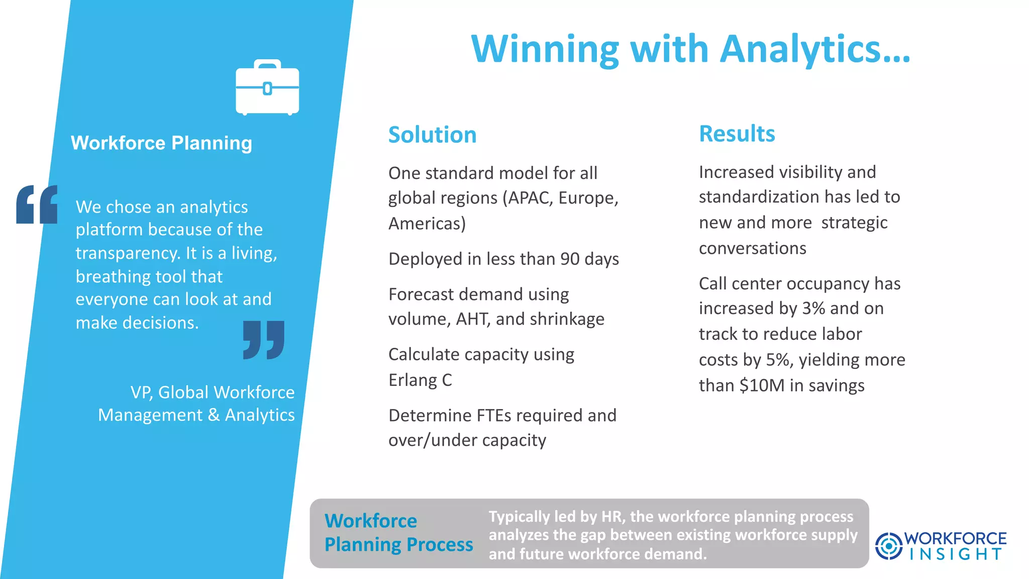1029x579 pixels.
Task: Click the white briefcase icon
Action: pyautogui.click(x=267, y=88)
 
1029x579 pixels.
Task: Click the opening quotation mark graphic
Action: pyautogui.click(x=37, y=205)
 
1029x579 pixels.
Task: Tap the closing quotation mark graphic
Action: pyautogui.click(x=264, y=340)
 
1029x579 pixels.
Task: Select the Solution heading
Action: pyautogui.click(x=432, y=135)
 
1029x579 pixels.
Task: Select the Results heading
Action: pyautogui.click(x=737, y=134)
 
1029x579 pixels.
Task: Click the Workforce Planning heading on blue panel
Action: pyautogui.click(x=161, y=143)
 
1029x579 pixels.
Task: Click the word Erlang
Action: pyautogui.click(x=413, y=380)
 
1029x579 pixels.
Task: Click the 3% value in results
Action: pyautogui.click(x=813, y=309)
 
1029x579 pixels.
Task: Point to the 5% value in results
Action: pyautogui.click(x=777, y=360)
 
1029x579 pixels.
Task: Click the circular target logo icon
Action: pyautogui.click(x=888, y=546)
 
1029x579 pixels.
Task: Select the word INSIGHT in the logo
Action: pyautogui.click(x=956, y=554)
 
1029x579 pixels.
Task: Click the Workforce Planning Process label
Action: pyautogui.click(x=398, y=533)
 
